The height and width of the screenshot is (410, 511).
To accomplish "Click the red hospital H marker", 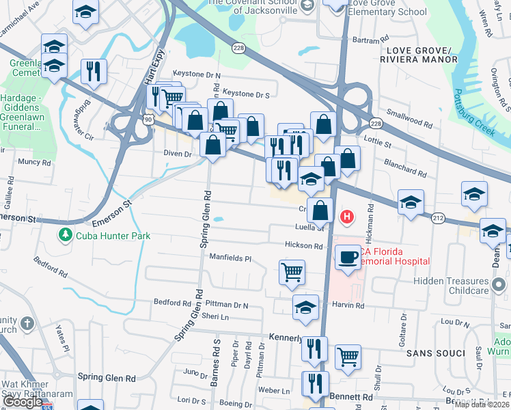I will (x=347, y=217).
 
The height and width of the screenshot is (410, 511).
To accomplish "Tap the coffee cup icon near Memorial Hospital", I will (x=348, y=257).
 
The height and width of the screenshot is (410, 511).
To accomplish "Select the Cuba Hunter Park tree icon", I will (x=66, y=234).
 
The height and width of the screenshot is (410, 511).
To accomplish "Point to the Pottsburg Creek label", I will (x=474, y=112).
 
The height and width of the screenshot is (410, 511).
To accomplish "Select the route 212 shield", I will (x=438, y=219).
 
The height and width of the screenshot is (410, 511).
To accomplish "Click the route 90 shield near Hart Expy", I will (x=148, y=119).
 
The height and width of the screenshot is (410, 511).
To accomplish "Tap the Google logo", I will (x=23, y=402).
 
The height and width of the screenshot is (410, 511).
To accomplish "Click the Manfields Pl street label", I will (x=231, y=259).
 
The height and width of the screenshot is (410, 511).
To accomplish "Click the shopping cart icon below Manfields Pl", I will (x=292, y=271).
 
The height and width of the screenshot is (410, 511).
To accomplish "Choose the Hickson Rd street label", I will (x=304, y=245).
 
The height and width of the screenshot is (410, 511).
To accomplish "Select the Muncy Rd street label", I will (x=34, y=162).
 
